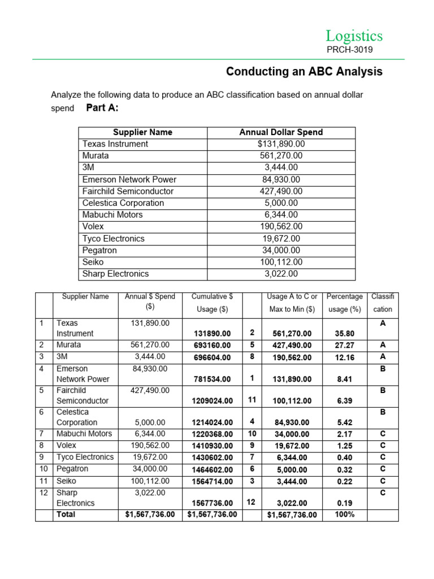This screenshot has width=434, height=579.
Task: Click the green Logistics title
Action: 354,36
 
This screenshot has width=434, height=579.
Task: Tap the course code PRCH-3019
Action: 349,50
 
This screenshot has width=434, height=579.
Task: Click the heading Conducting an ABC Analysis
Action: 304,72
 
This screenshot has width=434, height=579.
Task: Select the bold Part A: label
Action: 102,108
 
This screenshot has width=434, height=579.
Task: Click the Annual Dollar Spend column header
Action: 281,132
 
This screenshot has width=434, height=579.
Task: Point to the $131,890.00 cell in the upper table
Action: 281,144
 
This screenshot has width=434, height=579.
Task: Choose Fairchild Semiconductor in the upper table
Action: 128,191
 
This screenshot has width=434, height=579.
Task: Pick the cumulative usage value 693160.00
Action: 210,345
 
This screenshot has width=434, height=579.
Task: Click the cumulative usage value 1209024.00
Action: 210,401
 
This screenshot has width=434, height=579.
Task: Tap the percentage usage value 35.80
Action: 345,334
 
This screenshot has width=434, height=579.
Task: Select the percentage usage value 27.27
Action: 345,345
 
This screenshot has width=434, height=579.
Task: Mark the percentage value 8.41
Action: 345,379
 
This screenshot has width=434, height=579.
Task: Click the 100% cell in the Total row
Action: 345,515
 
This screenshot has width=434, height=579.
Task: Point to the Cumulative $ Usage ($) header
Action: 209,303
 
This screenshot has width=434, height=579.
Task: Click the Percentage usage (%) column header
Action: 345,303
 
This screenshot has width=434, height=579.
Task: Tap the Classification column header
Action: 383,303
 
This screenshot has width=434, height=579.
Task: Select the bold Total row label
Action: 66,515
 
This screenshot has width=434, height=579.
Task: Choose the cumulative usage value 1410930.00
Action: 210,446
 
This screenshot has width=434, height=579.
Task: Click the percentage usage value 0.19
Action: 345,503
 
